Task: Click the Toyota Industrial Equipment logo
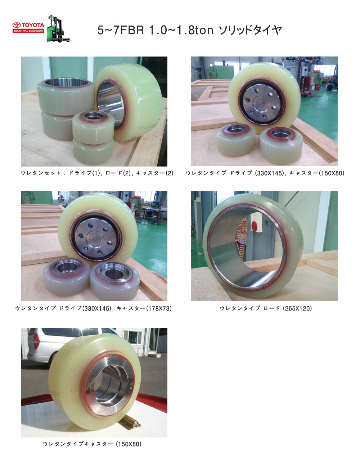[28, 28]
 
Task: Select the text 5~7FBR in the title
[121, 30]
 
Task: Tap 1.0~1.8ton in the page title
[181, 30]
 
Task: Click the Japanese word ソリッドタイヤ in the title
[251, 30]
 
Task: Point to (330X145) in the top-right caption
[270, 173]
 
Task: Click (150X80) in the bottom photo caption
[129, 444]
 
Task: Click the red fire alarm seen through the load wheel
[254, 226]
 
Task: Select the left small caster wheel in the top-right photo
[236, 140]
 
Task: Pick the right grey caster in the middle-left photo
[115, 278]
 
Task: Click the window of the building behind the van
[133, 337]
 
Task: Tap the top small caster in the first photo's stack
[93, 124]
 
